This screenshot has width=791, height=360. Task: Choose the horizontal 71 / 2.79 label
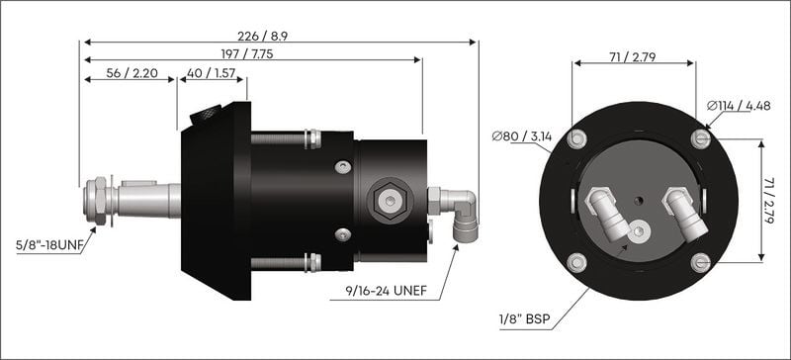(633, 57)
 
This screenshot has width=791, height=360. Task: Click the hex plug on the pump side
(386, 200)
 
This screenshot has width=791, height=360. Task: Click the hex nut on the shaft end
(98, 200)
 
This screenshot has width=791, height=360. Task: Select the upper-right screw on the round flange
(700, 138)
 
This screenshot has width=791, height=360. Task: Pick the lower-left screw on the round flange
(576, 263)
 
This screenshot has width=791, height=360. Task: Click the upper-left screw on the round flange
(575, 139)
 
